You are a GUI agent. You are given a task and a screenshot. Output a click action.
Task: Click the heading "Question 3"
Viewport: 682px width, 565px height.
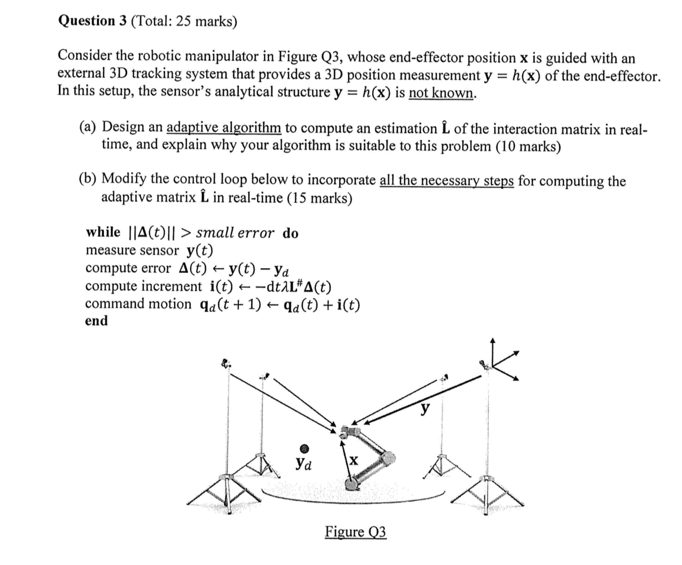point(92,21)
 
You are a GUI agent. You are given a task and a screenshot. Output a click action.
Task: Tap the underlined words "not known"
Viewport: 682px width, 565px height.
point(441,93)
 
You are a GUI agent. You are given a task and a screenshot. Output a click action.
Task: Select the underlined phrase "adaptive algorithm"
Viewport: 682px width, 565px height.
point(224,127)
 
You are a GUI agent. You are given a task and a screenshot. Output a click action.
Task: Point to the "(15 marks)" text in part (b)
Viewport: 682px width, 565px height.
point(319,198)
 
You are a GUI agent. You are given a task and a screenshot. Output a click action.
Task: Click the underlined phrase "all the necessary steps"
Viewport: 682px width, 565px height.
point(446,180)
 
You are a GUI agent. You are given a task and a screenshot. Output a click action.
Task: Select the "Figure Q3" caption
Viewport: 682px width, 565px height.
point(355,532)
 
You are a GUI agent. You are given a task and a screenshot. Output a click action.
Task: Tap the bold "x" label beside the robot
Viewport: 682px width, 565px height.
point(353,460)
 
